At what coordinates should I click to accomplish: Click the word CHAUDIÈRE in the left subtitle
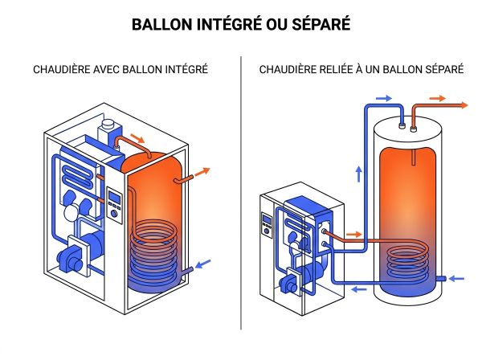[67, 70]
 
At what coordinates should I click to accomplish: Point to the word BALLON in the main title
[158, 24]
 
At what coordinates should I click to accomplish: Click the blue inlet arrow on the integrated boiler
[204, 263]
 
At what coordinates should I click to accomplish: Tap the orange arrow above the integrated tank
[138, 139]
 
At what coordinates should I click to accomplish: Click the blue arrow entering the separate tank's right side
[456, 279]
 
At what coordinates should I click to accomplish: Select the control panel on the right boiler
[266, 225]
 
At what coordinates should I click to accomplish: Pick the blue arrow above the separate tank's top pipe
[384, 97]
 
